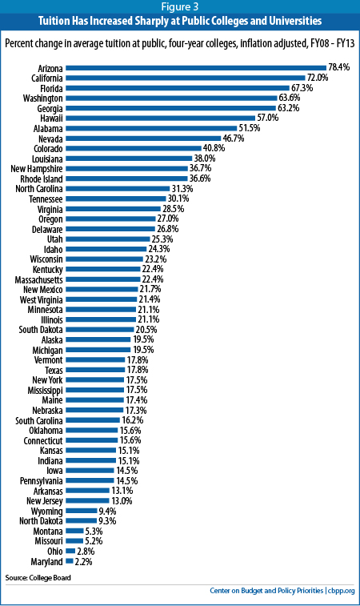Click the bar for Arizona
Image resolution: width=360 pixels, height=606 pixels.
(196, 68)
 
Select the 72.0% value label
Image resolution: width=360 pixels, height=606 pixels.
(318, 78)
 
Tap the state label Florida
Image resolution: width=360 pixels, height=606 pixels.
(51, 89)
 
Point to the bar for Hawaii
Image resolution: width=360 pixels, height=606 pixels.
(160, 118)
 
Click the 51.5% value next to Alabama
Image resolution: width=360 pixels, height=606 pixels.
(249, 128)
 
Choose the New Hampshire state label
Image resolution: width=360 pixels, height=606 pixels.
(37, 169)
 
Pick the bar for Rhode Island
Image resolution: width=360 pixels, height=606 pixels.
(126, 179)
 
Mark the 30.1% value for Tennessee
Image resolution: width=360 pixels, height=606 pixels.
(178, 199)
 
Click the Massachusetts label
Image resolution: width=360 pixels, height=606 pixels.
(38, 279)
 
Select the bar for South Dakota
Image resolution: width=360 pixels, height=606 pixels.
(100, 330)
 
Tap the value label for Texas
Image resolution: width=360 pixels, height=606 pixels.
(138, 370)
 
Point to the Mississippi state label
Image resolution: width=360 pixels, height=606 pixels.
(45, 391)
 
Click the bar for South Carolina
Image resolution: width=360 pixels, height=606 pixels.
(93, 420)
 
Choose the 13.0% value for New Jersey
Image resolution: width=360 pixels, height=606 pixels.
(122, 501)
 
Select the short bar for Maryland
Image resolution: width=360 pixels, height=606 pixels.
(70, 561)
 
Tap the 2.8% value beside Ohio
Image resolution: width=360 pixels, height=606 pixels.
(86, 551)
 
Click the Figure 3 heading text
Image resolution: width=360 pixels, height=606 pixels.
(180, 6)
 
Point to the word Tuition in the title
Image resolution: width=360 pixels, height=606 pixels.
(54, 21)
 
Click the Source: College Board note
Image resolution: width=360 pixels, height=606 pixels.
(38, 578)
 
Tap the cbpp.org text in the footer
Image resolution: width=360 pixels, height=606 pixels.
(342, 591)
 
